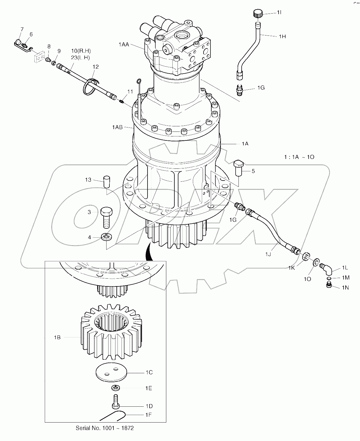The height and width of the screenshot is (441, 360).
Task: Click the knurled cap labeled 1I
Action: (x=258, y=14)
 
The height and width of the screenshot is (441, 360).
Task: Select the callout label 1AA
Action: (x=124, y=44)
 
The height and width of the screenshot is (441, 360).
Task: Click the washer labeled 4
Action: (x=107, y=237)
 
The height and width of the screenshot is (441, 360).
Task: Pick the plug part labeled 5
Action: (x=238, y=168)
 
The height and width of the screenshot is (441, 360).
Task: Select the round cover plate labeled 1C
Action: (x=111, y=372)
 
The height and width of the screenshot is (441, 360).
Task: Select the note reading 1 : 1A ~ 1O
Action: (x=299, y=157)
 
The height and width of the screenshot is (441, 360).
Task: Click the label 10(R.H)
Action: (x=81, y=51)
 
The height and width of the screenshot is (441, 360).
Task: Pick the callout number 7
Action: (x=22, y=29)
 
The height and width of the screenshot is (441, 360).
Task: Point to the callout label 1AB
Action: (x=117, y=127)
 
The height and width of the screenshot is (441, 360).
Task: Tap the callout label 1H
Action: (x=282, y=36)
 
